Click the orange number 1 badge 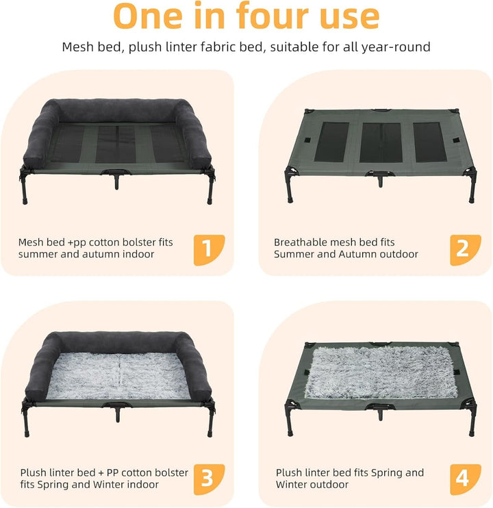(209, 250)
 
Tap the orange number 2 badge (465, 250)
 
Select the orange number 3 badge (209, 479)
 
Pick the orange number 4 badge (465, 479)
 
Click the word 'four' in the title (272, 16)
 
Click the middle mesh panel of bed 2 (381, 142)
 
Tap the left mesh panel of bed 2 (331, 142)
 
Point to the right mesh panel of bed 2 (429, 142)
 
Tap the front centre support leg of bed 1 (116, 181)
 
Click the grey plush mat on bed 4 (381, 372)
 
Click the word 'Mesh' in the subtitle (78, 47)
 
